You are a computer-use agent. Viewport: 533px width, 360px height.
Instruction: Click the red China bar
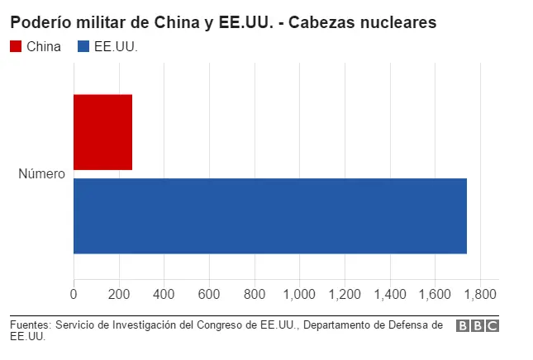point(102,132)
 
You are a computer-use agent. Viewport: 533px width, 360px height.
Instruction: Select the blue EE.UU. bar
point(270,216)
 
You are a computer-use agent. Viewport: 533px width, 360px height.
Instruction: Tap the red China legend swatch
point(16,46)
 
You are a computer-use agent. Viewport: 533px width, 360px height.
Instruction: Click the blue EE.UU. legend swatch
point(83,46)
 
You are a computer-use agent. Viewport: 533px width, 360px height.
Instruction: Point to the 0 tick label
point(74,294)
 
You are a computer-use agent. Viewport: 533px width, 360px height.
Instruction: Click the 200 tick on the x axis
point(119,294)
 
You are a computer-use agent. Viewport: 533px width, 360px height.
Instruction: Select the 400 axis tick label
point(164,294)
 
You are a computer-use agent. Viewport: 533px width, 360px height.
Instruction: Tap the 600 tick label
point(209,294)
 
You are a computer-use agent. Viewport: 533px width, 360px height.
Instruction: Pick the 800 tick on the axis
point(255,294)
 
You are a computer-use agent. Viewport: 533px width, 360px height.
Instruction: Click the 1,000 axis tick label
point(299,294)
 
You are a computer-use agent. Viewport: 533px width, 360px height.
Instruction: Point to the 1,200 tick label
point(345,294)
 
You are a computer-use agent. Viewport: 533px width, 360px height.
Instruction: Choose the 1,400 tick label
point(390,294)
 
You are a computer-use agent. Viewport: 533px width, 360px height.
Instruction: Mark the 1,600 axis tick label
point(435,294)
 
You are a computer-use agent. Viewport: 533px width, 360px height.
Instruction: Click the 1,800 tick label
point(480,294)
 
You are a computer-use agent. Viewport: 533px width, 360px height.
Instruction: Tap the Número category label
point(41,173)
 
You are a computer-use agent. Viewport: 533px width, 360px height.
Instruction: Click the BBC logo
point(478,325)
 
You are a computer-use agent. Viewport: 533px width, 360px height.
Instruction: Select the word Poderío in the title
point(40,22)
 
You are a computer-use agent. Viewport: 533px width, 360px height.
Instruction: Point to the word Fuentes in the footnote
point(31,325)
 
